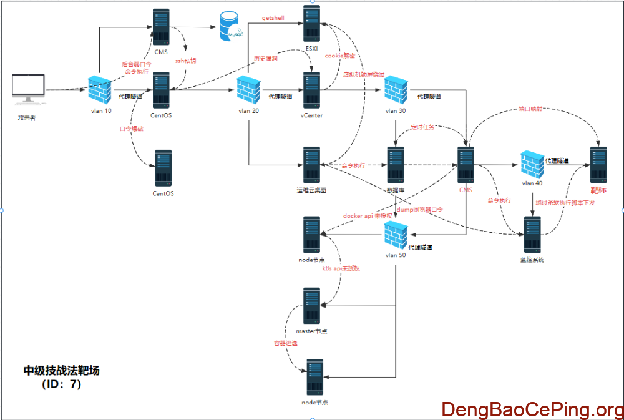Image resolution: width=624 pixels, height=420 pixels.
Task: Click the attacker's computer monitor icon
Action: (29, 89)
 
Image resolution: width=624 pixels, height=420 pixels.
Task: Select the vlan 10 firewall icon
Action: (99, 89)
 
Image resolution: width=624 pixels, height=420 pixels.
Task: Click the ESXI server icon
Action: (311, 23)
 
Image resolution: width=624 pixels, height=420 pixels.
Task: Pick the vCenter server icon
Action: (311, 90)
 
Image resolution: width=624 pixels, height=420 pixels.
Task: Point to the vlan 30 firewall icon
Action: (395, 90)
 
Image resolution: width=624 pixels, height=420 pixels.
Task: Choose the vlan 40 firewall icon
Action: (533, 164)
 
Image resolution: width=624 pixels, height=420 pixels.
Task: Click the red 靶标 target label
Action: (598, 190)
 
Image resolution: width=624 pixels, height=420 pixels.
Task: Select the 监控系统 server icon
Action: (532, 235)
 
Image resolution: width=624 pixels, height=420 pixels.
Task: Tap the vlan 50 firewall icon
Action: (396, 236)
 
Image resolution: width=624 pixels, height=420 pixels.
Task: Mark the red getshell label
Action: (273, 19)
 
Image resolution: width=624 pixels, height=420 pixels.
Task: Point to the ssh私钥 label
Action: (185, 61)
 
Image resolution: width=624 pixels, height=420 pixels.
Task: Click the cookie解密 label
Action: (340, 56)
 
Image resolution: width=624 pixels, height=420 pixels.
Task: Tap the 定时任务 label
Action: (422, 127)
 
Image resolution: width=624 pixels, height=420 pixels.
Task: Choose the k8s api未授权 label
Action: (341, 268)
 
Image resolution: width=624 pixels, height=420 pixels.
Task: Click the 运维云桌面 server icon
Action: (311, 165)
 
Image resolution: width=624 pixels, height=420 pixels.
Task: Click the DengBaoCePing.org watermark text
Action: (532, 409)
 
